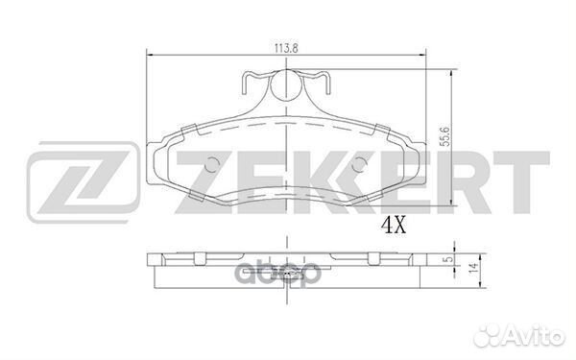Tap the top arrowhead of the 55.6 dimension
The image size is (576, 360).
[453, 70]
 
